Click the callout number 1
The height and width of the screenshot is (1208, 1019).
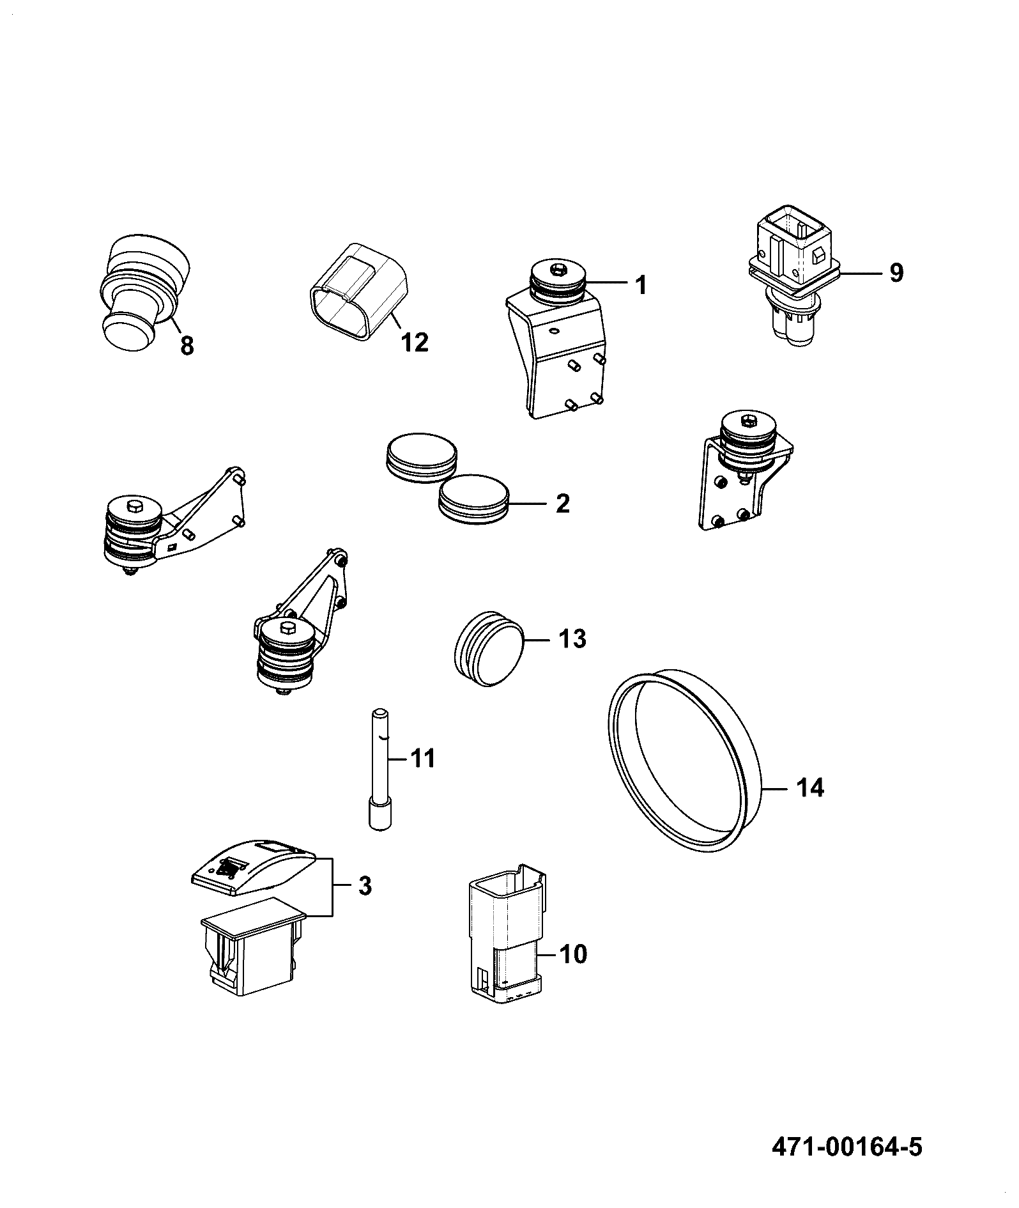(641, 285)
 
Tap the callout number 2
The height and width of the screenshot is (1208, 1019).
(562, 504)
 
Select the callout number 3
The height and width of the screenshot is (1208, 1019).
(364, 886)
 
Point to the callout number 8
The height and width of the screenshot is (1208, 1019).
(186, 346)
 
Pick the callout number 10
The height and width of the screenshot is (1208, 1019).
(572, 972)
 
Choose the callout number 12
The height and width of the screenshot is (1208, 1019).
(414, 343)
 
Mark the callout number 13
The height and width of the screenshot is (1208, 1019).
(572, 638)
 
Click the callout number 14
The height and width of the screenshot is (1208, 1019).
(810, 787)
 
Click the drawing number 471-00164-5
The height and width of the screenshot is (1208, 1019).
(847, 1146)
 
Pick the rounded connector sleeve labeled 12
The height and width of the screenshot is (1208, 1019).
(358, 292)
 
